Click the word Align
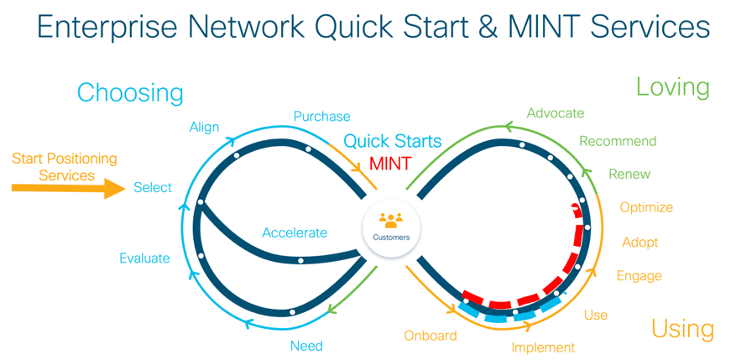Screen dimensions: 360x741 204,128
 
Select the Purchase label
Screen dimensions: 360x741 321,117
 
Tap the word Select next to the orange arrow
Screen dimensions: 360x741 153,188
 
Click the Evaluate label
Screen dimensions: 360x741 144,258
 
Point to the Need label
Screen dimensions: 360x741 306,346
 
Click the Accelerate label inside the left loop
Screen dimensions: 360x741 294,232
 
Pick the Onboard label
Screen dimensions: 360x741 431,336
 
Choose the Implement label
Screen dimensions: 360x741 543,347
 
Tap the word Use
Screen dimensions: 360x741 596,316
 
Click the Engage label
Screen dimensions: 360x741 639,276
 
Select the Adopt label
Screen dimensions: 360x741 640,243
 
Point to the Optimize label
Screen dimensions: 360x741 646,207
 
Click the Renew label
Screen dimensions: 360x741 629,175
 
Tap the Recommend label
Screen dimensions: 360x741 618,141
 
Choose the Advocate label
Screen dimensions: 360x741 555,113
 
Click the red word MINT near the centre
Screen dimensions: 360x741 390,163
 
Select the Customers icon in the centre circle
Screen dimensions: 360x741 391,221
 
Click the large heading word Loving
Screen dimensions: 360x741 672,86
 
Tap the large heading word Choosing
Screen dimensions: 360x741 130,92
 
